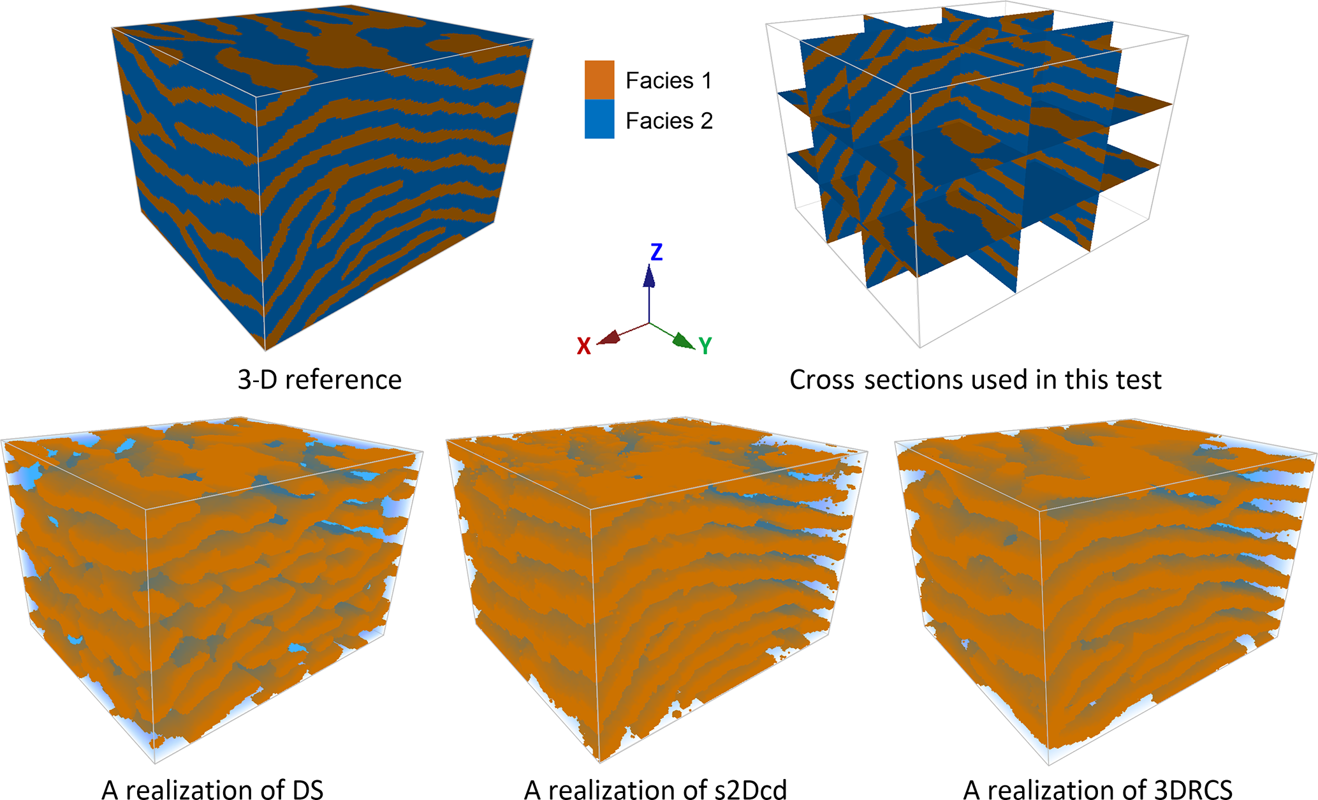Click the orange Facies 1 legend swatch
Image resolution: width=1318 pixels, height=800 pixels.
(599, 80)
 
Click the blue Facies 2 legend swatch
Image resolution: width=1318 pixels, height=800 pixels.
(599, 119)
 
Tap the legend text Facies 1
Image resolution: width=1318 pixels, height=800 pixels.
(668, 81)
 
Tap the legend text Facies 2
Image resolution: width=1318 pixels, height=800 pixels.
(668, 121)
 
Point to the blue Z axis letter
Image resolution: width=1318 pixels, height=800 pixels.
(656, 253)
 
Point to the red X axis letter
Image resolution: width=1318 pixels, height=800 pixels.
(583, 346)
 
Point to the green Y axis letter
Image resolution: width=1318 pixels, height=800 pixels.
(705, 346)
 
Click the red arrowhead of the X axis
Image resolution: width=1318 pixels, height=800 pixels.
(610, 337)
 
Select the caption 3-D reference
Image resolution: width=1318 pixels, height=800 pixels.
(319, 380)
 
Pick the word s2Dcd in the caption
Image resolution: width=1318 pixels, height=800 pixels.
(751, 790)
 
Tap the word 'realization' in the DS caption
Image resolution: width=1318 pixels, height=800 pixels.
(198, 790)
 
